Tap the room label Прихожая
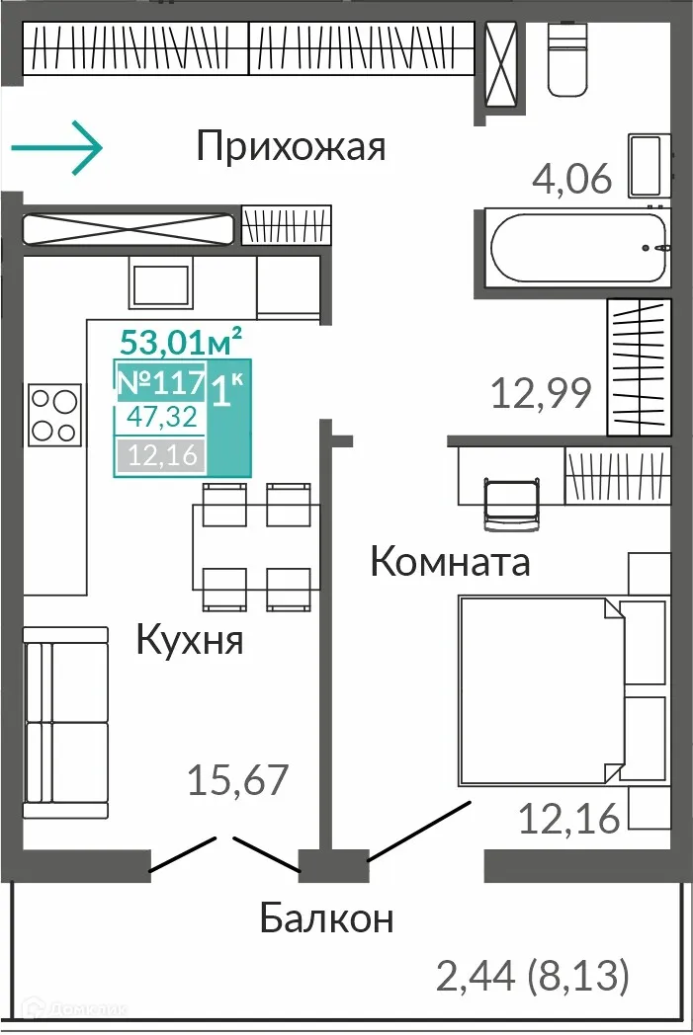pos(290,147)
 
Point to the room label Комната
pos(450,562)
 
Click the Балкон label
pos(326,918)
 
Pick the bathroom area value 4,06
pos(572,180)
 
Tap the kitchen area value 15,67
pos(237,781)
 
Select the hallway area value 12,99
pos(541,394)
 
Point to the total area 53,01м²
pos(181,343)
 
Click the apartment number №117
pos(160,381)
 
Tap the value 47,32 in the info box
pos(161,418)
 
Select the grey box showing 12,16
pos(161,455)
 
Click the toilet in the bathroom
pos(567,58)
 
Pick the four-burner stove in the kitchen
pos(53,416)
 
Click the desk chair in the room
pos(510,501)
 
